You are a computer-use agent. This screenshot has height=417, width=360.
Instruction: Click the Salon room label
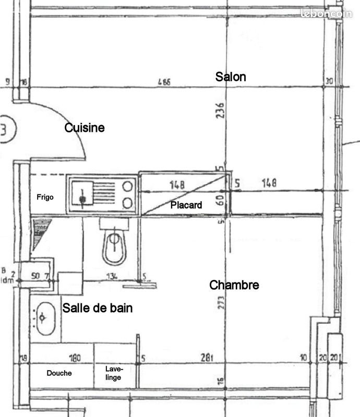[x=231, y=77]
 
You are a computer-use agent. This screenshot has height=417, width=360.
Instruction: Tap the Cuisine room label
[x=85, y=128]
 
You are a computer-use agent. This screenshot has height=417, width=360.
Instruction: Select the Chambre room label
[x=234, y=285]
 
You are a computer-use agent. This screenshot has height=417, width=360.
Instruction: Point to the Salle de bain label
[x=98, y=308]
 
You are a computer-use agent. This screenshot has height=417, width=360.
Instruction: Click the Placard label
[x=186, y=205]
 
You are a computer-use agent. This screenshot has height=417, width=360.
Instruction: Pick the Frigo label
[x=45, y=197]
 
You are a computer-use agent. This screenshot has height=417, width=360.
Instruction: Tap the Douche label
[x=59, y=373]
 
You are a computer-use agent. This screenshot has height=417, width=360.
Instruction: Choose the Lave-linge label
[x=114, y=373]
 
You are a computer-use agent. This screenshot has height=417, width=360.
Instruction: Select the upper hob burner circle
[x=127, y=186]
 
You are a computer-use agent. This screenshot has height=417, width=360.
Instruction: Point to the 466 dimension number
[x=164, y=82]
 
